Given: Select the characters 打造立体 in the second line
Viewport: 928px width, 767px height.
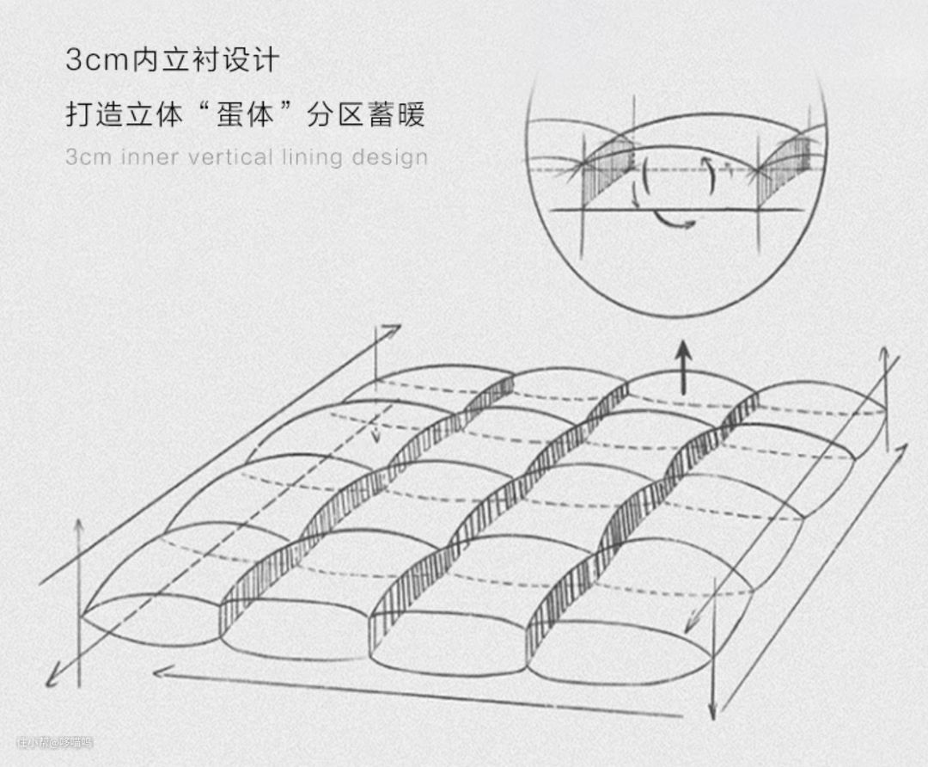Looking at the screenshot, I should [x=124, y=114].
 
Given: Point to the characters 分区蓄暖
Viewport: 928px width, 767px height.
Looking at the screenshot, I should [x=365, y=114].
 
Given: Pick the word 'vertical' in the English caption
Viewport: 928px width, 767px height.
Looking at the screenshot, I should [x=230, y=158].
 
